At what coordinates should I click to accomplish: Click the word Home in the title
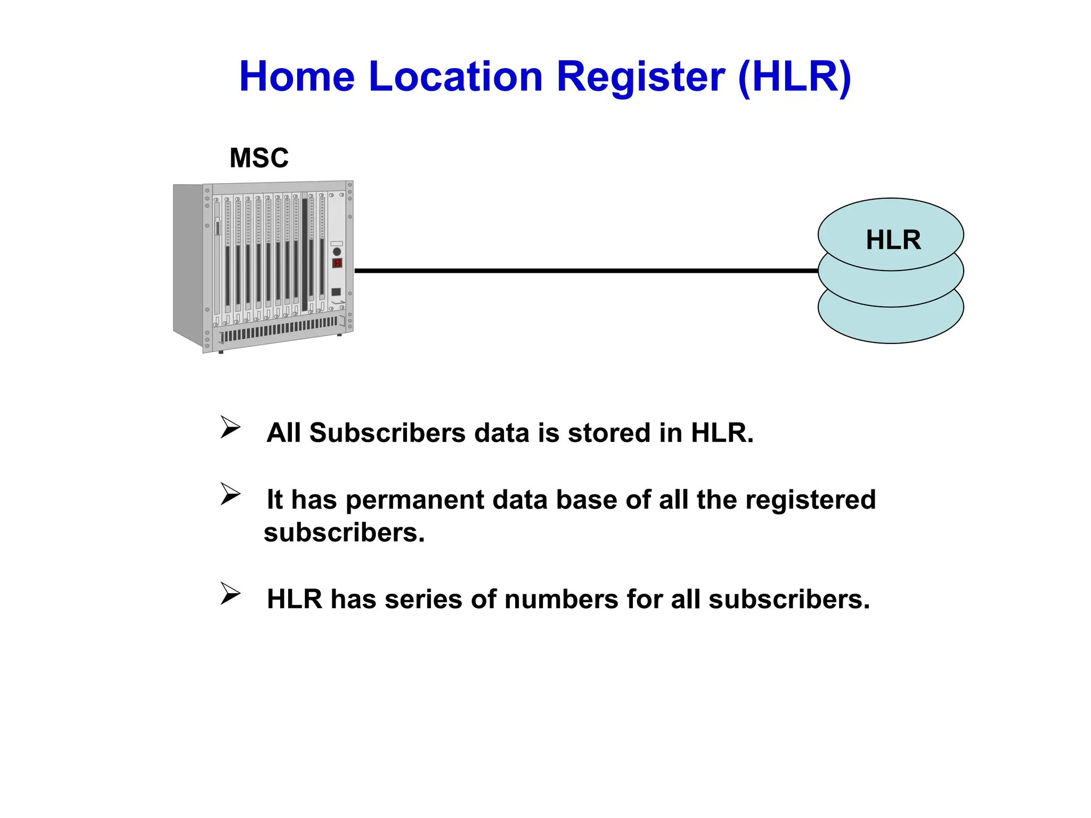tap(297, 77)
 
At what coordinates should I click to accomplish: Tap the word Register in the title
tap(640, 77)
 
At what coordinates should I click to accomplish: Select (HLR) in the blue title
tap(795, 77)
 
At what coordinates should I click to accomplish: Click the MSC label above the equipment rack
tap(259, 158)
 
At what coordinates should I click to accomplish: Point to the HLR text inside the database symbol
tap(893, 240)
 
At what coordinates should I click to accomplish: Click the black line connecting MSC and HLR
tap(586, 271)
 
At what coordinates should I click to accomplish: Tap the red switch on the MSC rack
tap(337, 263)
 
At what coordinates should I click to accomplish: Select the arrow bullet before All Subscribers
tap(230, 428)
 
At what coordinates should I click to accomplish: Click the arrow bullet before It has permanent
tap(230, 494)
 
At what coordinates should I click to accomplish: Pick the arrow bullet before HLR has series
tap(230, 594)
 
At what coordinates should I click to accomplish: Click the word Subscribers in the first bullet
tap(387, 432)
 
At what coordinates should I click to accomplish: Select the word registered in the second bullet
tap(810, 500)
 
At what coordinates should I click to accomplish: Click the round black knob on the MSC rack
tap(337, 251)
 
